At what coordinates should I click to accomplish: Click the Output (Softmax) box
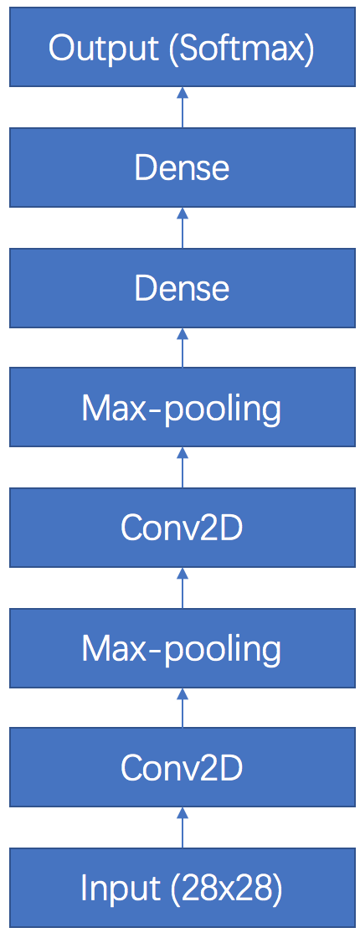[182, 48]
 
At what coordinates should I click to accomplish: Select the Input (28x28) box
[182, 888]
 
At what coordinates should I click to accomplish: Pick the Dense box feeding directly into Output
[182, 167]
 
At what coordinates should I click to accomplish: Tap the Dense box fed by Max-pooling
[182, 288]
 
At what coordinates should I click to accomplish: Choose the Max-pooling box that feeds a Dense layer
[182, 407]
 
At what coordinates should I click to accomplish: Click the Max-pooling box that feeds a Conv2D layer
[182, 648]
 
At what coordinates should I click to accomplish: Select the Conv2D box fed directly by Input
[182, 767]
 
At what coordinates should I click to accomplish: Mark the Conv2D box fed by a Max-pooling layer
[182, 528]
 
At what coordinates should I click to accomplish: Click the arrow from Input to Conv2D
[183, 828]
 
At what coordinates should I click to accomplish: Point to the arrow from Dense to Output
[183, 108]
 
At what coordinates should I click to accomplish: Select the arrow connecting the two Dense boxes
[183, 228]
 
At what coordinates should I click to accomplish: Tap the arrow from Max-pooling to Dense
[183, 348]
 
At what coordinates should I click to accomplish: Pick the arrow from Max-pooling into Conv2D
[183, 588]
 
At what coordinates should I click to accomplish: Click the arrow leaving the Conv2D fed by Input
[183, 708]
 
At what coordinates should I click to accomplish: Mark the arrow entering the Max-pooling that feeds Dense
[183, 468]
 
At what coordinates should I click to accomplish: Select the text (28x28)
[225, 889]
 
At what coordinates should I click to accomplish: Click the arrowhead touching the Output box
[183, 93]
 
